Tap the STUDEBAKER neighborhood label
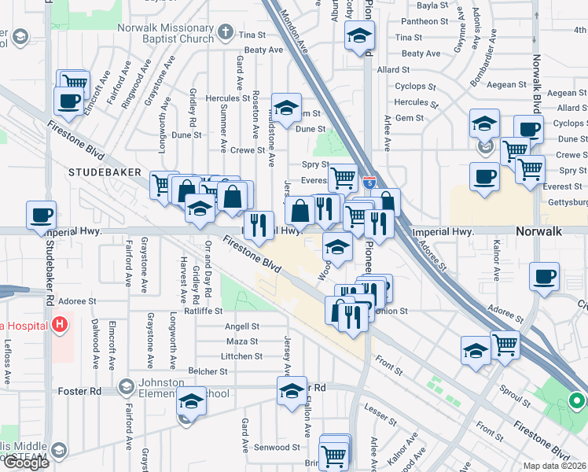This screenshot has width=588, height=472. click(x=105, y=171)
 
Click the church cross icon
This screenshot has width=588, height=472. click(x=226, y=33)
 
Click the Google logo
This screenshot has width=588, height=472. click(x=26, y=463)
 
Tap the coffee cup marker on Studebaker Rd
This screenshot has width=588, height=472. click(x=41, y=214)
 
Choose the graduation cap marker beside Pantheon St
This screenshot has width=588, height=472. click(x=359, y=35)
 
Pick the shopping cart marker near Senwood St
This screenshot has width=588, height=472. click(x=334, y=455)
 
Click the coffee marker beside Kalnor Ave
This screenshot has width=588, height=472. click(x=544, y=277)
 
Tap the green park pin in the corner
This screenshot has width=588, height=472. click(x=576, y=403)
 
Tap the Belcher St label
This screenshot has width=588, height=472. click(x=208, y=371)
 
